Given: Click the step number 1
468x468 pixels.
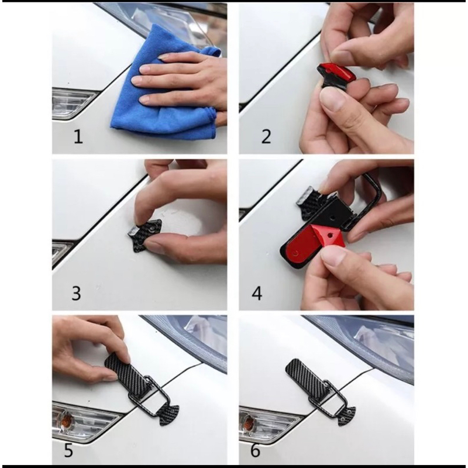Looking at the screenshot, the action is pyautogui.click(x=78, y=137).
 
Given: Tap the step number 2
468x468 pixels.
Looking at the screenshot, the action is pyautogui.click(x=266, y=137).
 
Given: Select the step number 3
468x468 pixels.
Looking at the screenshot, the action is pyautogui.click(x=76, y=293).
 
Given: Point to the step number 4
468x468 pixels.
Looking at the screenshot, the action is pyautogui.click(x=257, y=293).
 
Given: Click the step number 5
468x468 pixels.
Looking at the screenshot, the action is pyautogui.click(x=68, y=450).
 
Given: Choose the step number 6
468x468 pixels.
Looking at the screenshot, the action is pyautogui.click(x=256, y=450).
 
